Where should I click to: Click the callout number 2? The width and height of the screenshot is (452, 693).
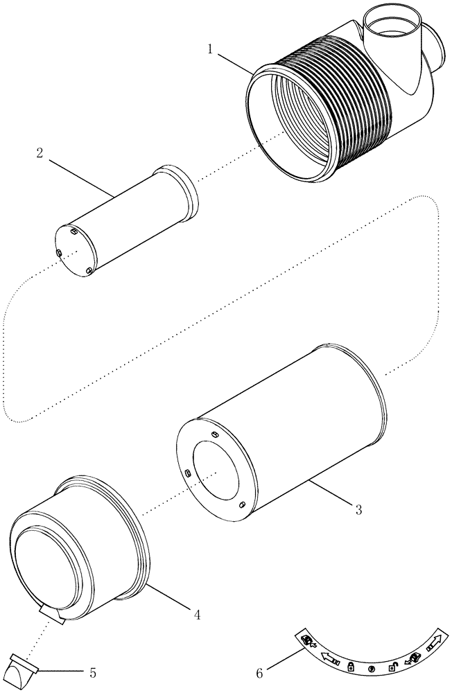pos(41,153)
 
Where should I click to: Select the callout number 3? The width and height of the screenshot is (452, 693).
pos(358,510)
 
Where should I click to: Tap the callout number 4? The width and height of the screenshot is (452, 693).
pos(198,614)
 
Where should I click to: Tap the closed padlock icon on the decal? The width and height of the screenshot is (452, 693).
pos(351,666)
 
